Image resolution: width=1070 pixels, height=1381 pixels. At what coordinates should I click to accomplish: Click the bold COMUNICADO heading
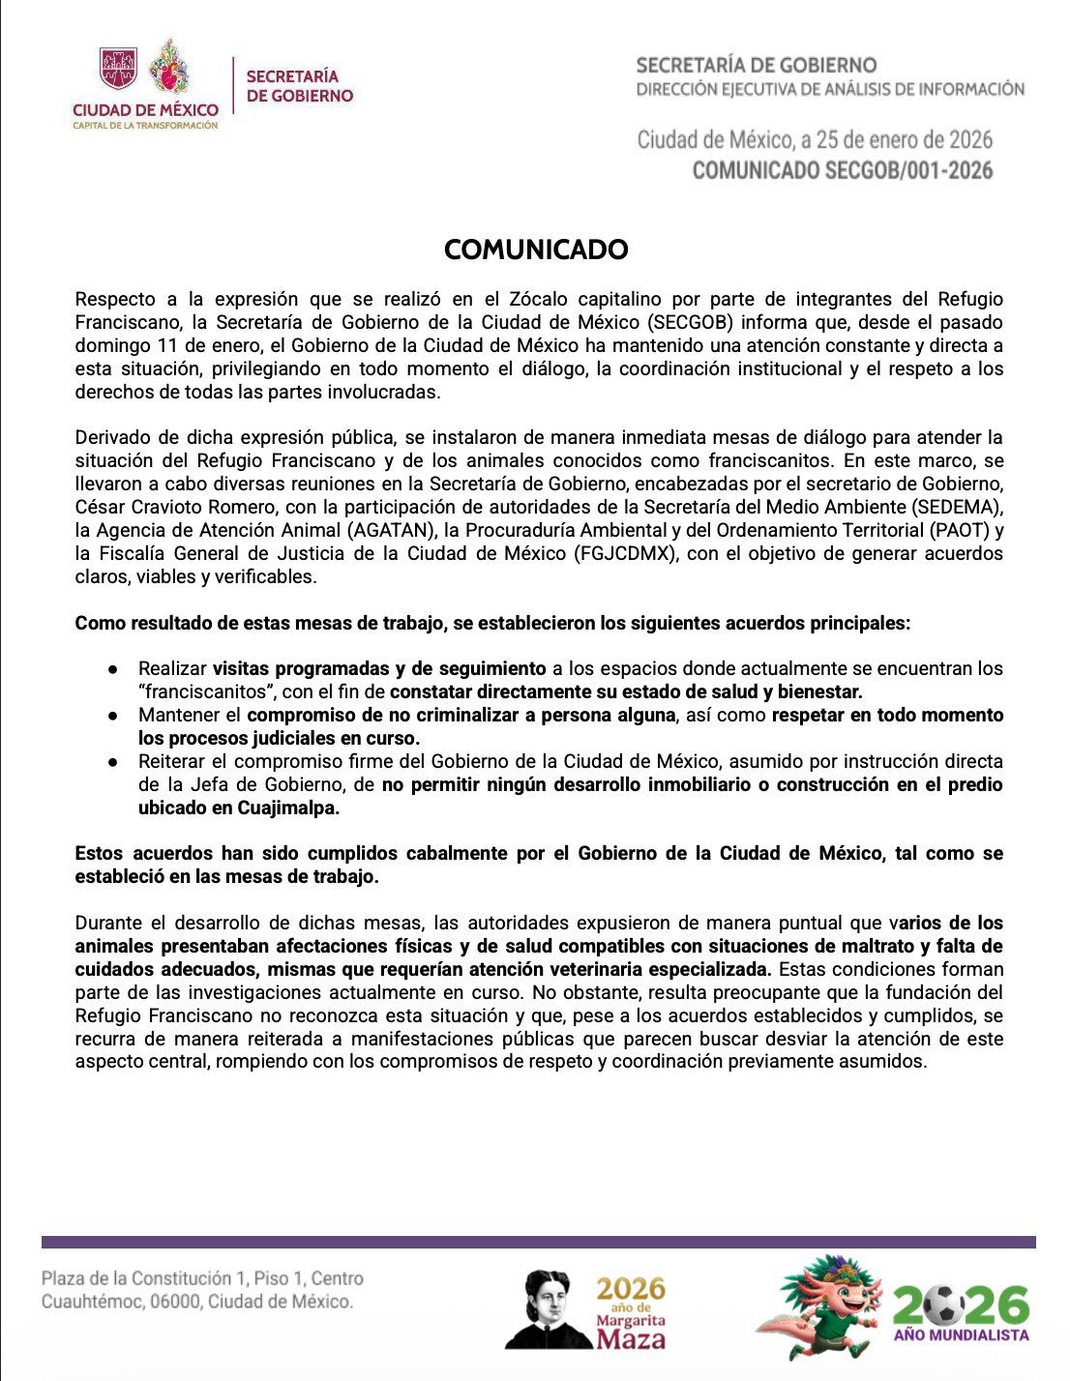coord(536,250)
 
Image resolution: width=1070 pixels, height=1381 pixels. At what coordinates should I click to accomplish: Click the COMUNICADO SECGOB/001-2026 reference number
coord(843,171)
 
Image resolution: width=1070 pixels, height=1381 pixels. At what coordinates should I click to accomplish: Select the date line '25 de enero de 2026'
coord(904,140)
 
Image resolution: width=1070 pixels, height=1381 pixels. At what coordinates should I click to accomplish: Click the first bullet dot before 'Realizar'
coord(113,669)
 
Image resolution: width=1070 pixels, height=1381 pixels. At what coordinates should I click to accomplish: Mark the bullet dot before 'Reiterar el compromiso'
coord(113,762)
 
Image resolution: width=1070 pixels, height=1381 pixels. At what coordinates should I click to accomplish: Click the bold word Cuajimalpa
coord(288,808)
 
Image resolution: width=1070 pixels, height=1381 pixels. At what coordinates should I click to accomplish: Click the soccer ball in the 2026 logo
coord(943,1307)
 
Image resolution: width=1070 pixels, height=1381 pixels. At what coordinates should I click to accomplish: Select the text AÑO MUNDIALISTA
coord(961,1336)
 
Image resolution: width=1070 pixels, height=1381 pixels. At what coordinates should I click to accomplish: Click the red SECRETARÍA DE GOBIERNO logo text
coord(299,86)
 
